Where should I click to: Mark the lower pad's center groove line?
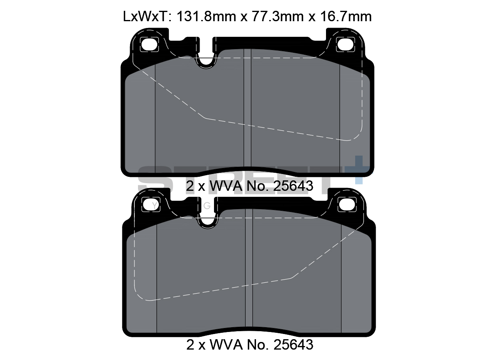point(248,272)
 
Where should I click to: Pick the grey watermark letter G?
point(207,206)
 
